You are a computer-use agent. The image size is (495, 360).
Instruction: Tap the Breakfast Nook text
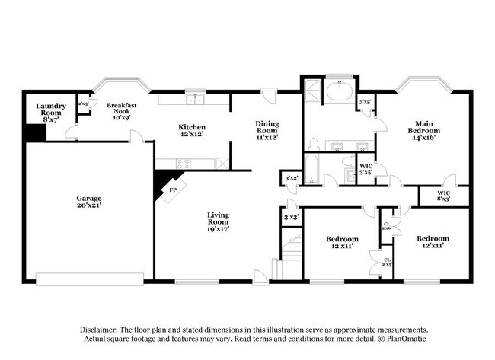[x=121, y=112]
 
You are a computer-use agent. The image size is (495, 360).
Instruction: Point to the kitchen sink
[x=195, y=97]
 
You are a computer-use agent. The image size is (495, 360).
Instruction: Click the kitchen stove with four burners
[x=184, y=162]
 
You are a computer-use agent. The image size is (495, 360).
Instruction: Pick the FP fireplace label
[x=173, y=190]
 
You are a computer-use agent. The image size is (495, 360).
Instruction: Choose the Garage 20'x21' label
[x=89, y=201]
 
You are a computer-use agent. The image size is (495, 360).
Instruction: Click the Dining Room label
[x=267, y=129]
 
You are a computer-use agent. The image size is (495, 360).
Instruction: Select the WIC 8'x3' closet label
[x=443, y=196]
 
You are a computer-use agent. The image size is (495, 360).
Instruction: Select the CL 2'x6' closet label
[x=386, y=226]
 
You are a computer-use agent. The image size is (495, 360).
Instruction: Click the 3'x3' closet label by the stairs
[x=290, y=217]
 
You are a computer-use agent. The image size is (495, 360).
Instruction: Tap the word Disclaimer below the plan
[x=104, y=329]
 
